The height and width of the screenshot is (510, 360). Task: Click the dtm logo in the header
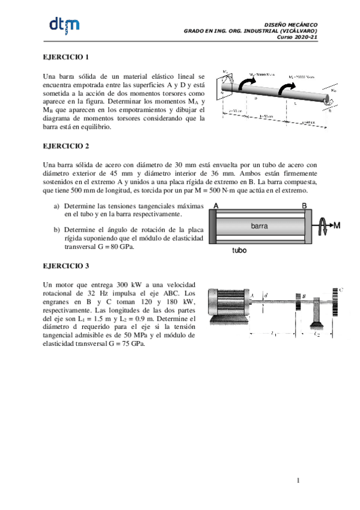pyautogui.click(x=63, y=26)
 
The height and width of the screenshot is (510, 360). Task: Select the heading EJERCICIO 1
pyautogui.click(x=66, y=57)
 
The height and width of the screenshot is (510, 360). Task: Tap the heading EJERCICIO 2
pyautogui.click(x=66, y=146)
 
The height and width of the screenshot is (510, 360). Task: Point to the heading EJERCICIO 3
pyautogui.click(x=66, y=265)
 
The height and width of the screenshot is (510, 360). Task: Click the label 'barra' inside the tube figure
pyautogui.click(x=259, y=226)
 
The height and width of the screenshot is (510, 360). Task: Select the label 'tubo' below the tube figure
pyautogui.click(x=240, y=251)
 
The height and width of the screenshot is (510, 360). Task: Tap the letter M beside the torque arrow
pyautogui.click(x=337, y=226)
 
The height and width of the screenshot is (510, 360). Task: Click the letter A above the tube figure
pyautogui.click(x=216, y=206)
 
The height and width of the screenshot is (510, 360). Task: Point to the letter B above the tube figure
pyautogui.click(x=304, y=206)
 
